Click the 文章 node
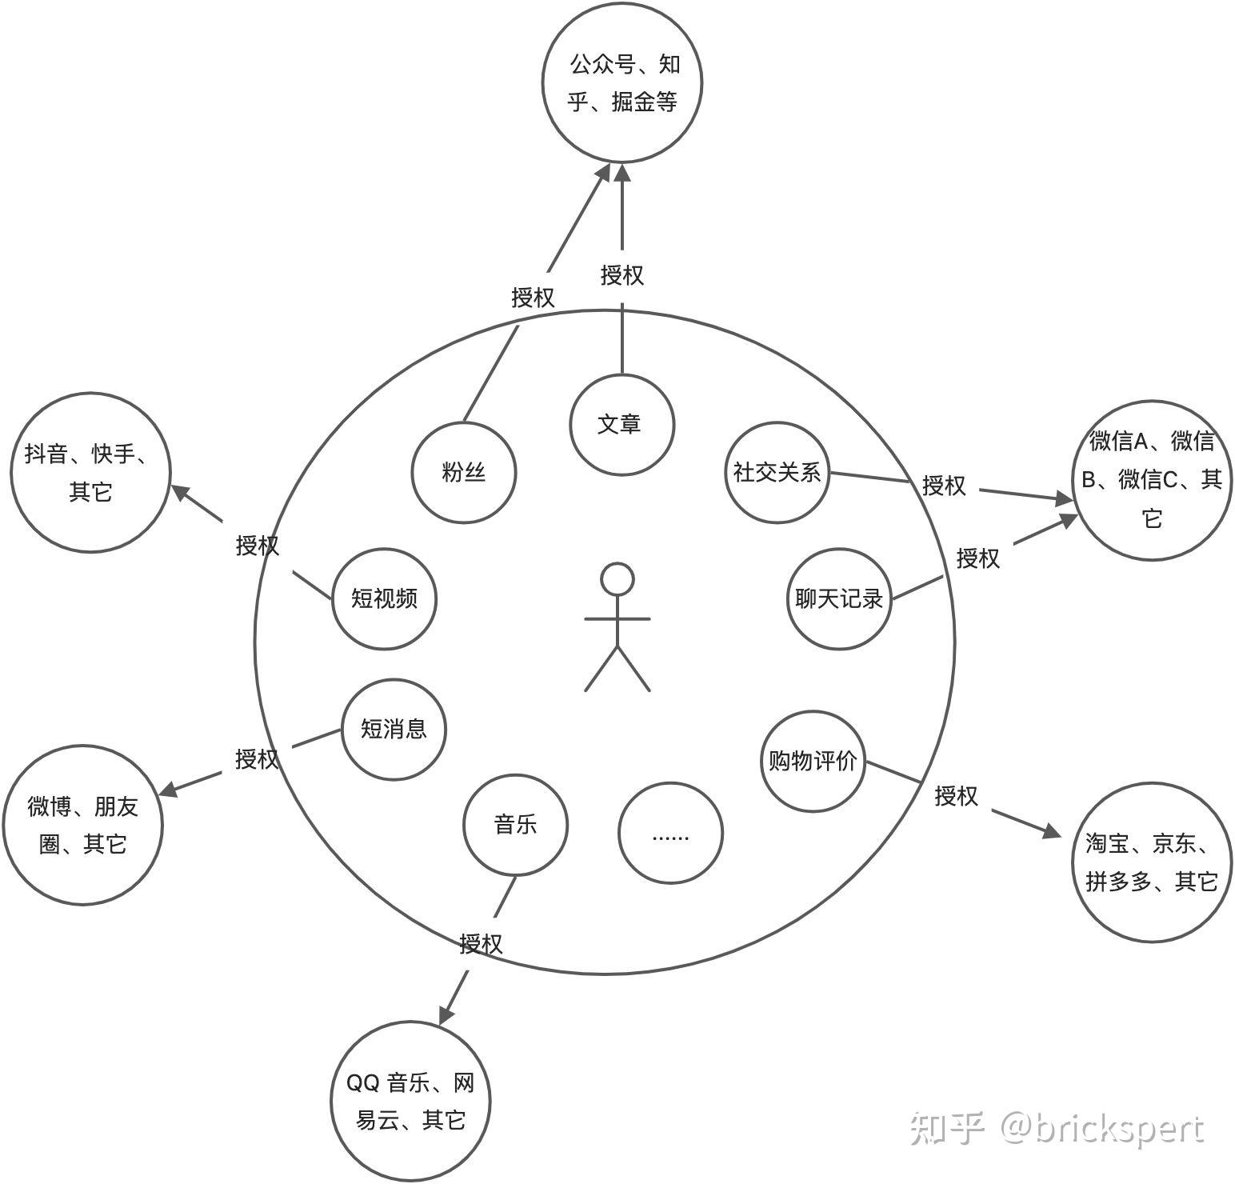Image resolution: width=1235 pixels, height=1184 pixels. [621, 425]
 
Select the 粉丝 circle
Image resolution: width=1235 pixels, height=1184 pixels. [464, 472]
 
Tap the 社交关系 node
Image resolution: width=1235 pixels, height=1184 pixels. [777, 472]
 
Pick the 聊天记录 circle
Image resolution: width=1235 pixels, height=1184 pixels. [839, 598]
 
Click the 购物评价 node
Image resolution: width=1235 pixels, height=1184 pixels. [813, 761]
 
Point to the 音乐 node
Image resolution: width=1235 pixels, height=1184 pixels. [515, 825]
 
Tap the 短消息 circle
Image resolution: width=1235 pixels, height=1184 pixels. [394, 729]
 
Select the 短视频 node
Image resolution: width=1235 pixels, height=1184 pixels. [384, 598]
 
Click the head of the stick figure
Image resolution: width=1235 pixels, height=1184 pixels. [617, 579]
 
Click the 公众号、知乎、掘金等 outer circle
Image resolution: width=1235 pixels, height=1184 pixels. [621, 82]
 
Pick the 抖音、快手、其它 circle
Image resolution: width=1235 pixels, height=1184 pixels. [90, 472]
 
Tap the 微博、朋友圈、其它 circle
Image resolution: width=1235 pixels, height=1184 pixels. [83, 825]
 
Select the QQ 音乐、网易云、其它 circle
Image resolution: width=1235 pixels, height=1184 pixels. [410, 1101]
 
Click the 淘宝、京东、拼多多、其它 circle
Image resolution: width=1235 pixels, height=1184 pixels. [1152, 862]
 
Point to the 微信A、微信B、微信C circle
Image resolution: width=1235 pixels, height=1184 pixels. [1152, 478]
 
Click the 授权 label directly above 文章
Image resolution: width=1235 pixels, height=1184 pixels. [621, 275]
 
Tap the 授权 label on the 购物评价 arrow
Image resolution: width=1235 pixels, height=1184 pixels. [957, 796]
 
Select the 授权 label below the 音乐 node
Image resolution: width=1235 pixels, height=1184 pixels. [482, 944]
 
